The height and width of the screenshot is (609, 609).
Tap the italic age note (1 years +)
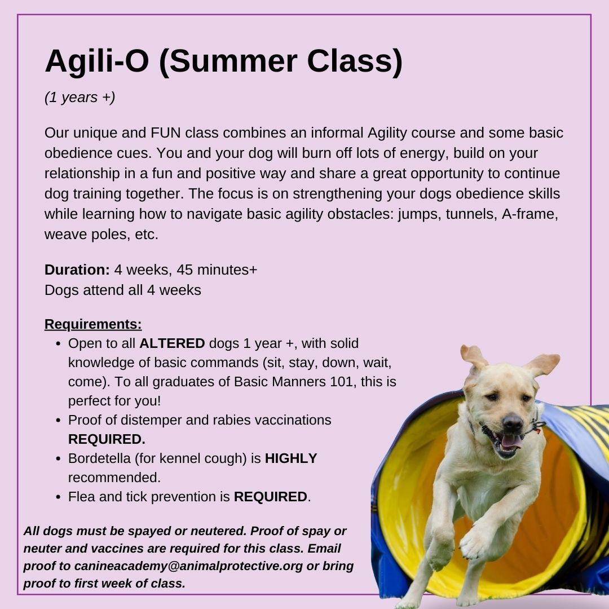coord(80,97)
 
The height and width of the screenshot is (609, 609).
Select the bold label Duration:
coord(77,270)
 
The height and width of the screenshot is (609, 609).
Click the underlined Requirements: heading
coord(93,324)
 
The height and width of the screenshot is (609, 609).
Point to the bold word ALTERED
coord(172,343)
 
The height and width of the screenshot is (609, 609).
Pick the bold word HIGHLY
coord(291,458)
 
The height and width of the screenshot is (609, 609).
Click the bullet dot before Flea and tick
coord(59,497)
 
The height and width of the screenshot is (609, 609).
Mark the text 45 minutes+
coord(217,270)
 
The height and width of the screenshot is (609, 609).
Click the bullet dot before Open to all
coord(59,344)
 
